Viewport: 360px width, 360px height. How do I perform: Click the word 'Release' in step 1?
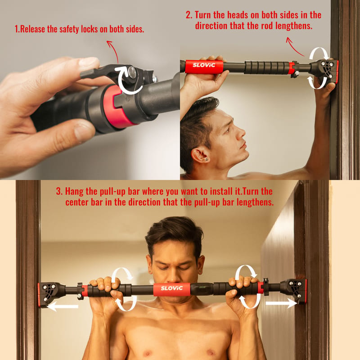(x=32, y=29)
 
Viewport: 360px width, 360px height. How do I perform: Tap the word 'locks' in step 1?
(x=89, y=29)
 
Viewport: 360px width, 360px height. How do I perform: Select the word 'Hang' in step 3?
(x=74, y=191)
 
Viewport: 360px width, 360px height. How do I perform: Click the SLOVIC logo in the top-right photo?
(x=204, y=65)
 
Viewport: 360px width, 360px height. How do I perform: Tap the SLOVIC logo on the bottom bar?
(x=172, y=288)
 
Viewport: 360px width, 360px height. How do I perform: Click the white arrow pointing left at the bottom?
(x=63, y=306)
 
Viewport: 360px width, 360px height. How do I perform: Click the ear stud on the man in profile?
(x=207, y=159)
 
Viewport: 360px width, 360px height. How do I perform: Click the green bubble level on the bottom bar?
(x=202, y=287)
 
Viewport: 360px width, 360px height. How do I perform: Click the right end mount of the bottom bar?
(x=295, y=291)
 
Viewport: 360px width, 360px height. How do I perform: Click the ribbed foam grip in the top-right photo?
(x=266, y=67)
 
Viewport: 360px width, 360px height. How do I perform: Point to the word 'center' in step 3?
(x=77, y=202)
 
